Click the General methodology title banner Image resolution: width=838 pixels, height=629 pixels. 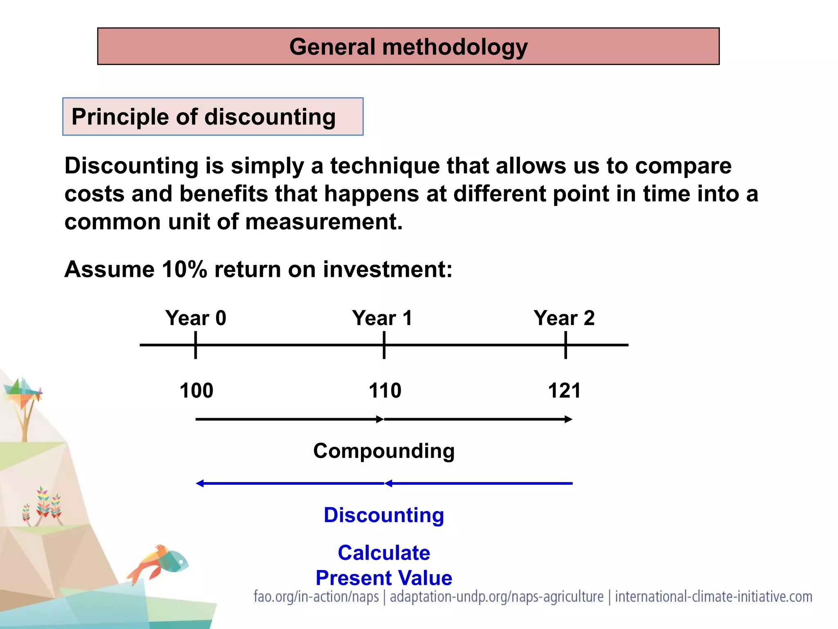(x=408, y=46)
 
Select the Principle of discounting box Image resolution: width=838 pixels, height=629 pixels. (x=213, y=117)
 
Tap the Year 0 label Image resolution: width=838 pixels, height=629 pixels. (x=196, y=318)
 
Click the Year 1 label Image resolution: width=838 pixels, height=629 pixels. (x=382, y=318)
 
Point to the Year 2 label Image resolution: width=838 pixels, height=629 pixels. (x=564, y=318)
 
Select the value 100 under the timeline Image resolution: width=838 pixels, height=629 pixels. (x=196, y=390)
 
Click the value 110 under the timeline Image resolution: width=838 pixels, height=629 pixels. (x=385, y=390)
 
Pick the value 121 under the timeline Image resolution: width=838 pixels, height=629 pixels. (x=564, y=390)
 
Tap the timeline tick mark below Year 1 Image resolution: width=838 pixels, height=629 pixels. (x=384, y=345)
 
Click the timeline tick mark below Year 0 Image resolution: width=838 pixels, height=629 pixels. (x=196, y=345)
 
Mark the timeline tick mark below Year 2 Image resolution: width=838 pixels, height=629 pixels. (x=565, y=345)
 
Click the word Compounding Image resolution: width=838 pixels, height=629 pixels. (x=384, y=451)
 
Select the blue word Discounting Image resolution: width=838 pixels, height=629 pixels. (x=384, y=515)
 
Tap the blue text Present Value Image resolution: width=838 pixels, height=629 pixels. (x=384, y=578)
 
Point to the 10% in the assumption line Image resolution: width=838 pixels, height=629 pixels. (x=184, y=269)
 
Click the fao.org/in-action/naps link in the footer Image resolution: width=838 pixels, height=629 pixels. (x=316, y=597)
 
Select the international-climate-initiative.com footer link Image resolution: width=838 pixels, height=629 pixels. (x=714, y=597)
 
